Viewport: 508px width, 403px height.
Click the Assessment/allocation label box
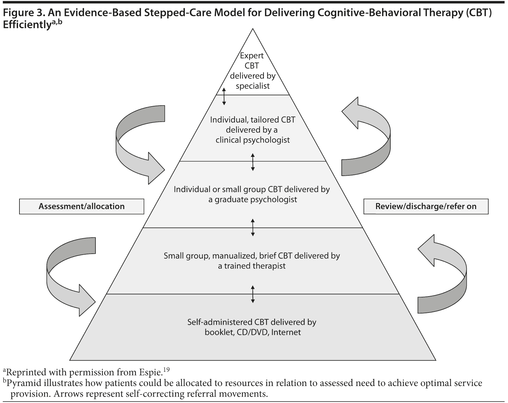coord(81,206)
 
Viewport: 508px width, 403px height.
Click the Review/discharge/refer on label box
coord(426,206)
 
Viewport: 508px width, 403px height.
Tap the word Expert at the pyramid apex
coord(252,56)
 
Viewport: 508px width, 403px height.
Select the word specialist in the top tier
coord(253,86)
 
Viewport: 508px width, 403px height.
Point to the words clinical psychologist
coord(253,140)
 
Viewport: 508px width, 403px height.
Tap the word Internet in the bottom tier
coord(286,332)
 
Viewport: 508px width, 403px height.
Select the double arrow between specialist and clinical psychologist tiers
coord(224,96)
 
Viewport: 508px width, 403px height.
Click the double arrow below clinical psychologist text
coord(253,162)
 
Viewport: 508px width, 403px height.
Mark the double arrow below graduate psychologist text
coord(253,228)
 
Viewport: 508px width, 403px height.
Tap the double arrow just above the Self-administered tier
coord(253,294)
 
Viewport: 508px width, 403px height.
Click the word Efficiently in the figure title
coord(27,25)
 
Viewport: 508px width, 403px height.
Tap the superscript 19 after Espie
coord(166,370)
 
